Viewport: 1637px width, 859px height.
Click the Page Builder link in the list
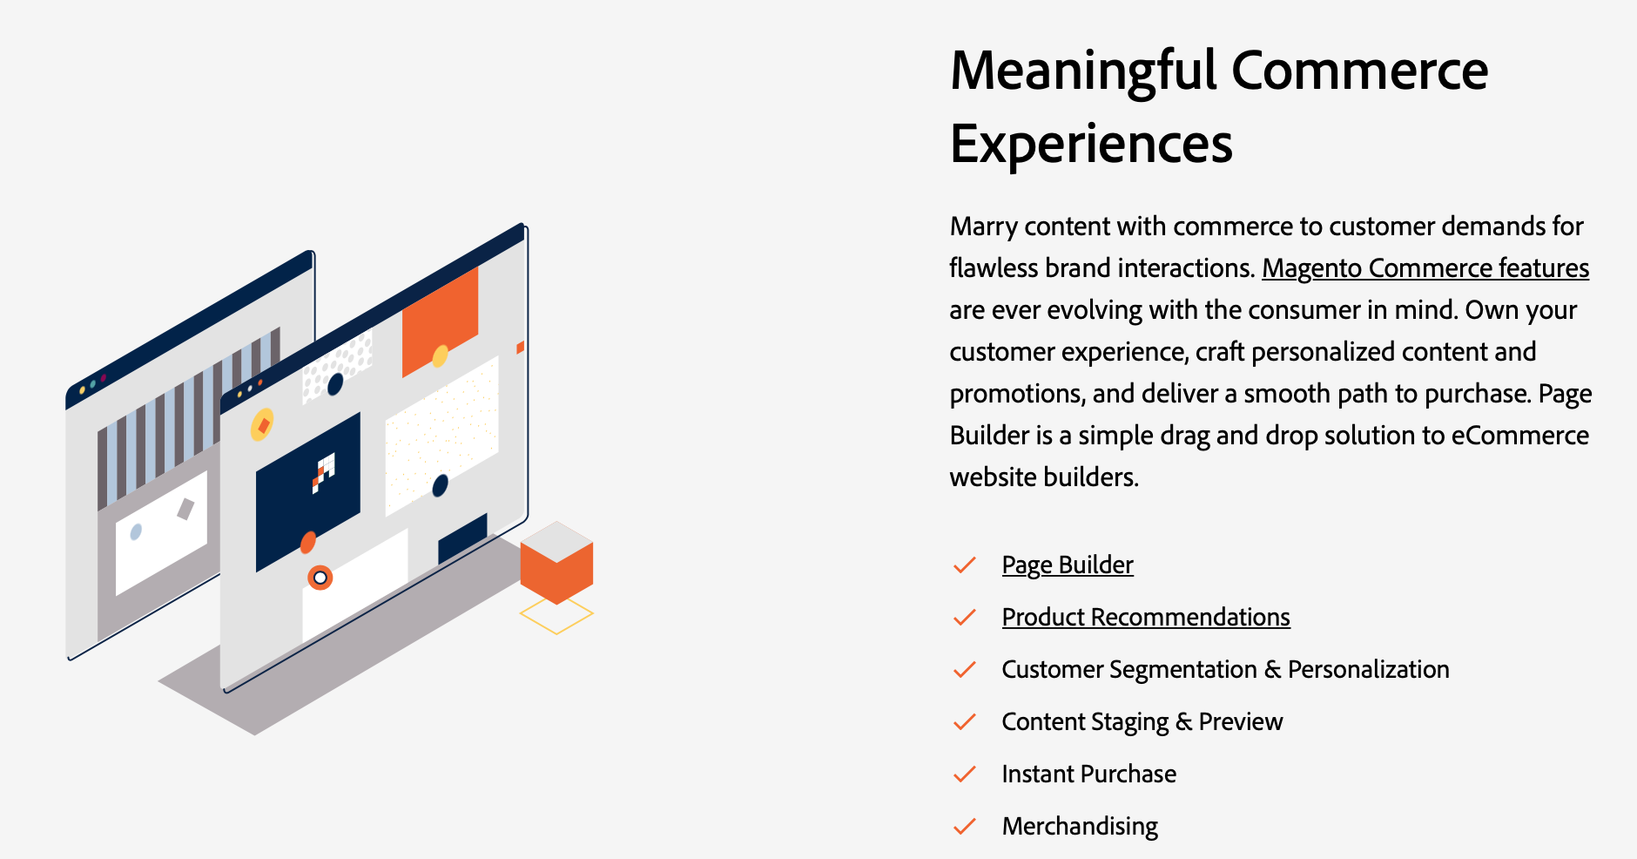pos(1068,565)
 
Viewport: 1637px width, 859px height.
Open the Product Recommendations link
pos(1146,617)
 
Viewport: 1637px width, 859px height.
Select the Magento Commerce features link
pos(1425,268)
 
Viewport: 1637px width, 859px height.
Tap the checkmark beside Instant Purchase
pos(965,774)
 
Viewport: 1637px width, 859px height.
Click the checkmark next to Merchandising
pos(965,826)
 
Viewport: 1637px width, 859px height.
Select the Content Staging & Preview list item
pos(1142,722)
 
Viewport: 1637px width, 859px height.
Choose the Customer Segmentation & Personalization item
pos(1226,669)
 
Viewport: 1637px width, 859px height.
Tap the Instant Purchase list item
pos(1089,774)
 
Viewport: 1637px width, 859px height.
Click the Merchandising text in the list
pos(1080,827)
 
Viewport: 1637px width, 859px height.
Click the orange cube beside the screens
pos(556,563)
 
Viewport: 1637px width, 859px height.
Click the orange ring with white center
pos(320,578)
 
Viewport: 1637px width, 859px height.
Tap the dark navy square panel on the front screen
pos(307,492)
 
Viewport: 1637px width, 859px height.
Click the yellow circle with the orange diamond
pos(262,425)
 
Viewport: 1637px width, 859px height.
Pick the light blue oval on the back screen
pos(136,531)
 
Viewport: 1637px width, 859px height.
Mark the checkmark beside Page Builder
pos(965,565)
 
